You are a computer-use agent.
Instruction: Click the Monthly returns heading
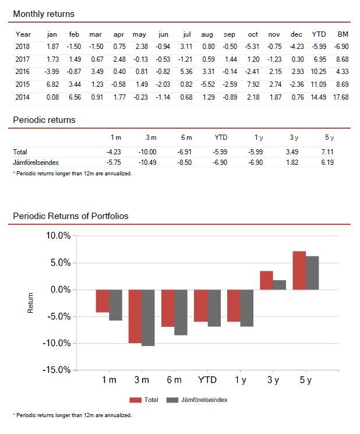pyautogui.click(x=44, y=13)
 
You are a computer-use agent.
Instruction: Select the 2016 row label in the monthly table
pyautogui.click(x=23, y=72)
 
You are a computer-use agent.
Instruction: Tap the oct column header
pyautogui.click(x=252, y=34)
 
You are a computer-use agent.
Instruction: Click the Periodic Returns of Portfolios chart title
pyautogui.click(x=70, y=216)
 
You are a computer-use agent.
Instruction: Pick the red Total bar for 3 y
pyautogui.click(x=266, y=280)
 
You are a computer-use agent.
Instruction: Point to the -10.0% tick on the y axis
pyautogui.click(x=57, y=343)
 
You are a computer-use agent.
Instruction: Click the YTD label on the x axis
pyautogui.click(x=207, y=380)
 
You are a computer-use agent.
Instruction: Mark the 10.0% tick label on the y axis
pyautogui.click(x=58, y=236)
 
